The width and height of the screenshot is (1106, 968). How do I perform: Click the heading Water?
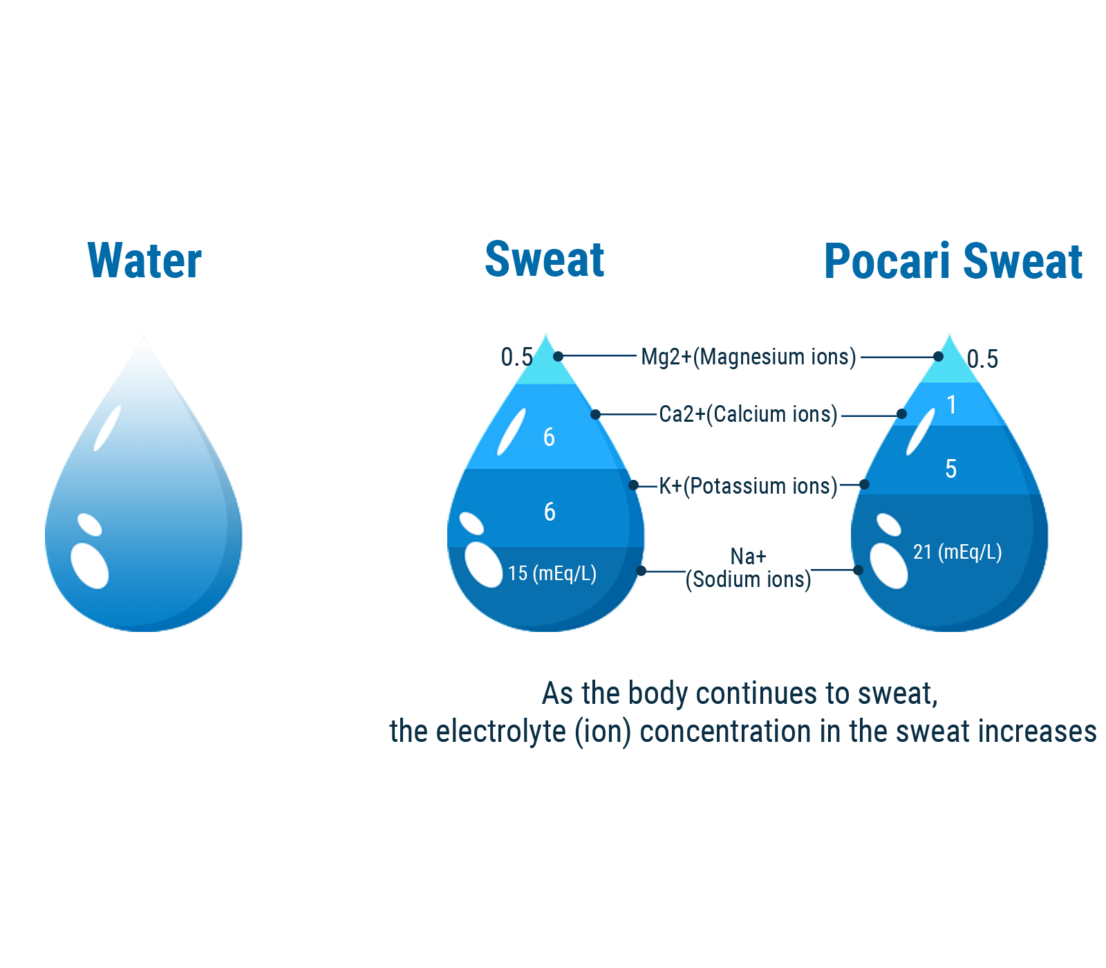pos(144,261)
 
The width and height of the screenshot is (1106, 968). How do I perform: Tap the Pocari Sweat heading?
pos(953,261)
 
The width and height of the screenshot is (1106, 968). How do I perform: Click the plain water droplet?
pos(144,498)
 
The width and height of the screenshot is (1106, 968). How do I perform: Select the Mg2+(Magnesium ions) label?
pos(748,357)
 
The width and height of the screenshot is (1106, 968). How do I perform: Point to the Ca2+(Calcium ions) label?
pos(748,414)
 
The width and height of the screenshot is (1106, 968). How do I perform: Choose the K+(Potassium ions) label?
pos(748,486)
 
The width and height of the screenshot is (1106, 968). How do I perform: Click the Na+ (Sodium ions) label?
pos(748,568)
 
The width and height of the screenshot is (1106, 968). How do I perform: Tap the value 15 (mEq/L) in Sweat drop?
pos(552,573)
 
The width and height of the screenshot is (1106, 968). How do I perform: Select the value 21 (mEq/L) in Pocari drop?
pos(957,552)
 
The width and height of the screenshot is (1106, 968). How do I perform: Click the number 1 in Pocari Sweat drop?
pos(952,404)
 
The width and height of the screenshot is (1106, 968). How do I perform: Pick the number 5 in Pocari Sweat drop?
pos(951,469)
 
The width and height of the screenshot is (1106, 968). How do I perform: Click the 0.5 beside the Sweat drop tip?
pos(516,357)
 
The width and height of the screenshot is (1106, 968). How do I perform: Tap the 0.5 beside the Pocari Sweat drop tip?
pos(982,359)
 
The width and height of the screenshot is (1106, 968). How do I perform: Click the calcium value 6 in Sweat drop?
pos(549,437)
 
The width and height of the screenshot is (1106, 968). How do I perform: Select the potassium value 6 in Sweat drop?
pos(550,512)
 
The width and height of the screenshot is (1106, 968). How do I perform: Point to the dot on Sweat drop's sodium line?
pos(641,570)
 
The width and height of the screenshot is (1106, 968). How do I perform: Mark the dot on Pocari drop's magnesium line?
pos(938,357)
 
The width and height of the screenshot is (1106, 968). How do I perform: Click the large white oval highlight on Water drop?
pos(90,566)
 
